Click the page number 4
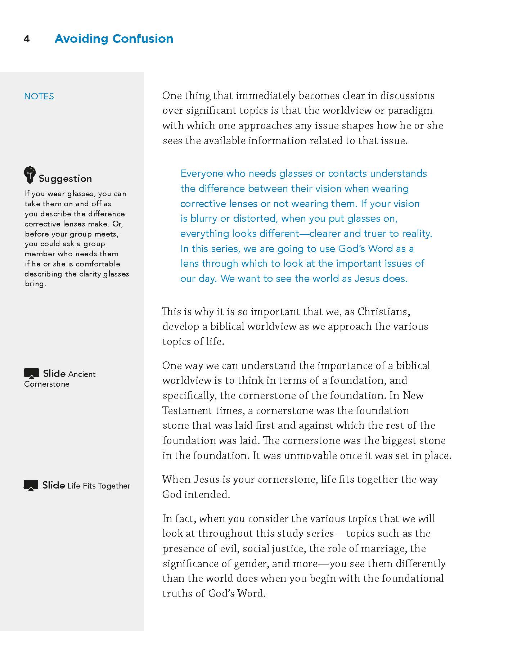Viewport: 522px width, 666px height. [27, 39]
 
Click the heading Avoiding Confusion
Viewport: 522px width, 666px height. [114, 39]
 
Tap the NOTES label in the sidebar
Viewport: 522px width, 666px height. [39, 96]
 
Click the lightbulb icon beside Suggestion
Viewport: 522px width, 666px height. [30, 175]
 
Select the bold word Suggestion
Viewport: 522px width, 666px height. [65, 179]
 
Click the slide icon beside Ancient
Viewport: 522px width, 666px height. [31, 373]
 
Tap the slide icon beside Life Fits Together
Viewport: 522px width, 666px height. [31, 485]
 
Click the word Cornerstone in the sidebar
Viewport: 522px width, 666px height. [47, 384]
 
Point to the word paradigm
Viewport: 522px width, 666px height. [410, 111]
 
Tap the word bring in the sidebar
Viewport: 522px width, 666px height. [35, 284]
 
